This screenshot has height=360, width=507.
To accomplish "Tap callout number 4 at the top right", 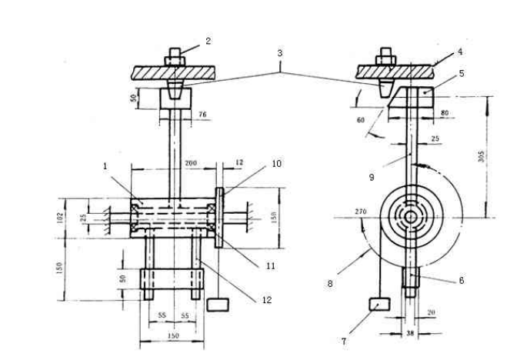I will coord(460,52).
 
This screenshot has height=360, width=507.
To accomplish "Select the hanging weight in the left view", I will coord(218,305).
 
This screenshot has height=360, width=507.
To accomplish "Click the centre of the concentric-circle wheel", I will coord(412,218).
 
